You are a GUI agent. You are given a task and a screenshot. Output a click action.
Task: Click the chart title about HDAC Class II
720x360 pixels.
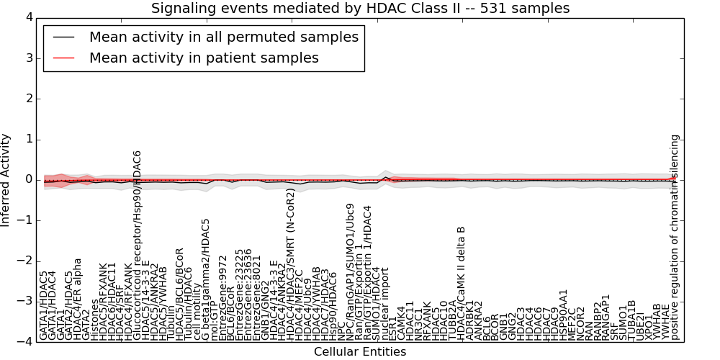(x=360, y=9)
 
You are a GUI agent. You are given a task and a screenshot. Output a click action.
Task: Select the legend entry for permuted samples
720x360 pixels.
(x=223, y=37)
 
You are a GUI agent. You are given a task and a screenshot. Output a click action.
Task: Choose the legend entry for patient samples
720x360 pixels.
(x=204, y=58)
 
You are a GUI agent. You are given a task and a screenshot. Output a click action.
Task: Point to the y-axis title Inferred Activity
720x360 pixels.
(x=6, y=180)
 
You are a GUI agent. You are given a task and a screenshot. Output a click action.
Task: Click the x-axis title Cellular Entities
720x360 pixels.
(x=360, y=352)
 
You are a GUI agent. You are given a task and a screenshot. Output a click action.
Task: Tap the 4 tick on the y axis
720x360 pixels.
(x=29, y=17)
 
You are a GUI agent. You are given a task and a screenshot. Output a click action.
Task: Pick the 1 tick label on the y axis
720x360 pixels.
(x=29, y=139)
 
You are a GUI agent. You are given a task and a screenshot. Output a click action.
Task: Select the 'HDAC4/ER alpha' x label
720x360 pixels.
(x=77, y=299)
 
